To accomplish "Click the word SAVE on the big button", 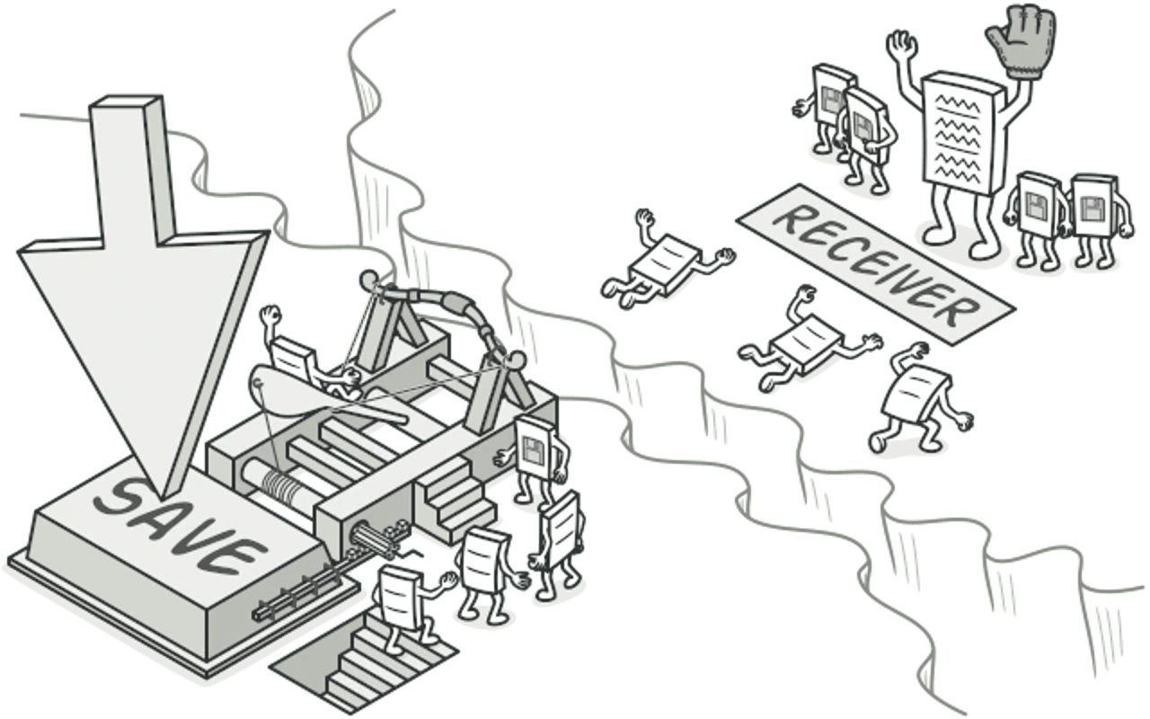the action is pyautogui.click(x=180, y=527).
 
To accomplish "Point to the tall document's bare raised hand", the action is pyautogui.click(x=901, y=45).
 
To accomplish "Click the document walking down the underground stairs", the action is pyautogui.click(x=405, y=606).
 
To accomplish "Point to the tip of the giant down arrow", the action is pyautogui.click(x=163, y=498).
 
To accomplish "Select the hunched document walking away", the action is pyautogui.click(x=919, y=401).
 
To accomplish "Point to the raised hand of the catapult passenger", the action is pyautogui.click(x=270, y=315).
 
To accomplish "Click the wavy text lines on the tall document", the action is pyautogui.click(x=958, y=138).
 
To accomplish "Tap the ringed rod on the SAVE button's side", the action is pyautogui.click(x=296, y=599).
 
